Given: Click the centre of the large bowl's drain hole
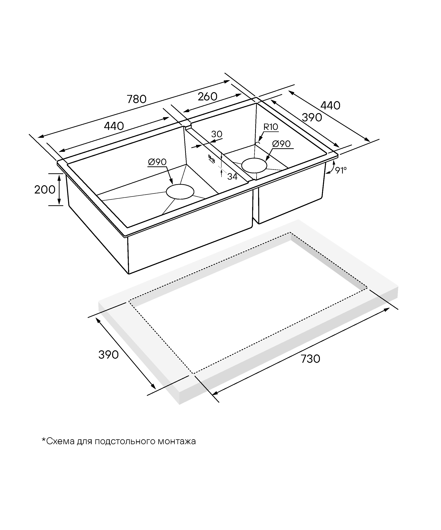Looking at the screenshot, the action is [180, 192].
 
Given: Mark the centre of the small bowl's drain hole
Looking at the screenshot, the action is [254, 165].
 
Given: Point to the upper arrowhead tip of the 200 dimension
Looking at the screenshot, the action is [59, 175].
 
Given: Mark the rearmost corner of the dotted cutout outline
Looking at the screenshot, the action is [290, 232].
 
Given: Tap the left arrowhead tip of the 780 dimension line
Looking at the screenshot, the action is [38, 138].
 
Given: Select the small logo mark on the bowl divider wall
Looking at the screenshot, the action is [211, 159].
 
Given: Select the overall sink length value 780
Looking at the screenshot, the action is [136, 99].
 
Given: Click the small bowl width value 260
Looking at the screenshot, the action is [207, 97].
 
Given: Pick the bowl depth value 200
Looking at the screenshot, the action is [45, 190].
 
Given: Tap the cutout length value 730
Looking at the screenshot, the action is [311, 359].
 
